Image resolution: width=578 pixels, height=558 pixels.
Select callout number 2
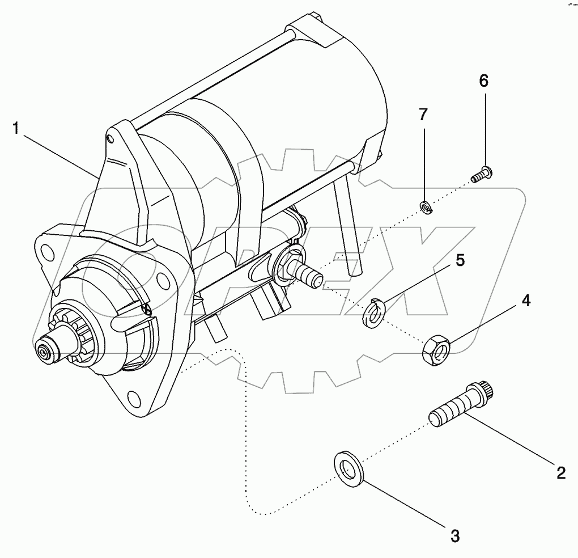[560, 472]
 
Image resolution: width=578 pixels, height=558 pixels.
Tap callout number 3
[454, 534]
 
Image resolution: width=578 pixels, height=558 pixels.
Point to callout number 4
[526, 301]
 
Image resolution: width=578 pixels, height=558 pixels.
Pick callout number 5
[460, 260]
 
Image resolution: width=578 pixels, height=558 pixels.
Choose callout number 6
[483, 81]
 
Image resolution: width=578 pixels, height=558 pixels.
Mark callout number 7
[423, 115]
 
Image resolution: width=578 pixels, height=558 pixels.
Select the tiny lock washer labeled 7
[426, 208]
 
